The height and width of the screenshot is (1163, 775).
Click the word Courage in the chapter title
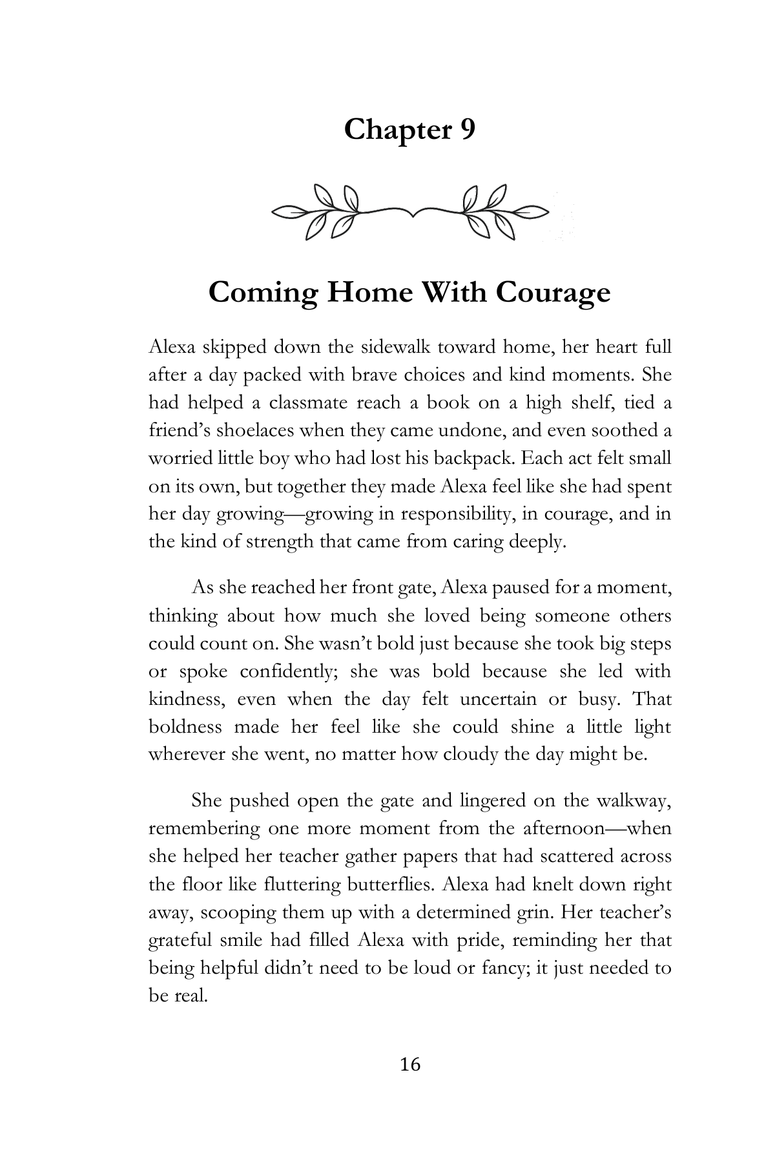tap(553, 293)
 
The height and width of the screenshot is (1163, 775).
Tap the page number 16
tap(410, 1063)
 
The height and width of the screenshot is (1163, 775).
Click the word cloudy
tap(470, 755)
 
